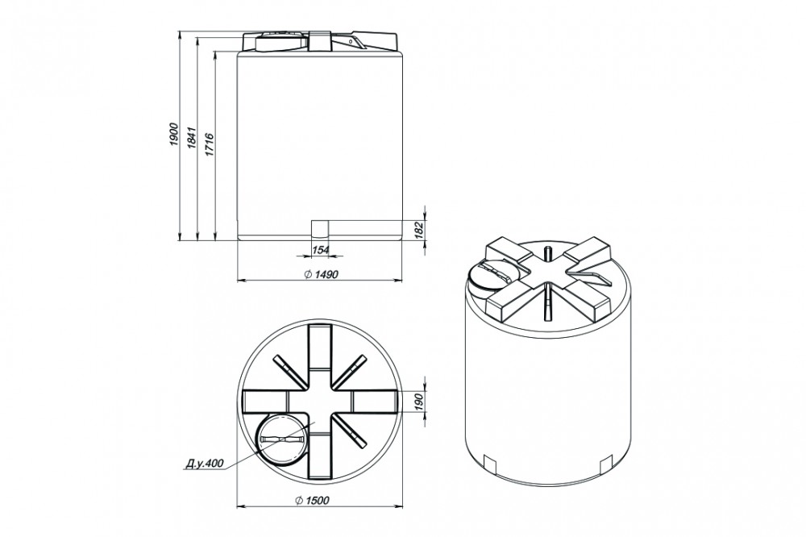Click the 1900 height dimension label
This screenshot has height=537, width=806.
(174, 135)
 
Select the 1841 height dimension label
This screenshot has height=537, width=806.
(192, 137)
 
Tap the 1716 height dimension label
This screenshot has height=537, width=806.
(210, 144)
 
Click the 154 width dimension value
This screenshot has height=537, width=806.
(320, 249)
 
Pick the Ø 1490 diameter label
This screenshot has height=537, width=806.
(321, 274)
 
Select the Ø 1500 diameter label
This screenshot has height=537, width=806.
(313, 500)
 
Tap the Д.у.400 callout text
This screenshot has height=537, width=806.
(204, 464)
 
